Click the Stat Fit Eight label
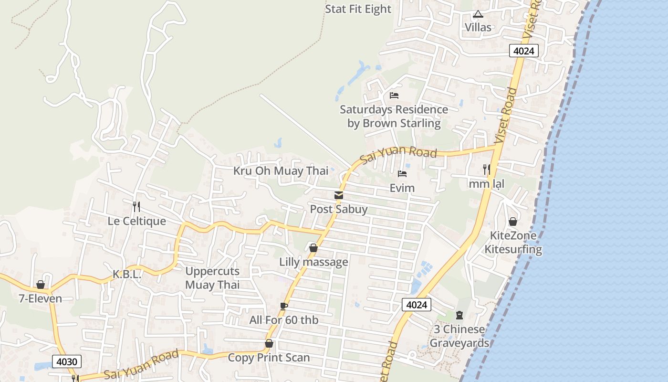(358, 9)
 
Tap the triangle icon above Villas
(478, 15)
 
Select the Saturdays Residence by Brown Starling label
(394, 117)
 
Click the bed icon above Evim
(402, 174)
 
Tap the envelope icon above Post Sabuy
(339, 195)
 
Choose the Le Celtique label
(137, 221)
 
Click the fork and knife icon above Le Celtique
(136, 206)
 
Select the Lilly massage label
(313, 262)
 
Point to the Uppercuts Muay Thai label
(212, 278)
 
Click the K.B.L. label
(127, 275)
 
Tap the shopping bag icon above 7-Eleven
(41, 285)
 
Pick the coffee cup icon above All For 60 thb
(284, 306)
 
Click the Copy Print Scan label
(269, 358)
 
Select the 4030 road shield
(66, 361)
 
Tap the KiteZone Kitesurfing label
(513, 243)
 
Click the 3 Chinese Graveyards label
(459, 336)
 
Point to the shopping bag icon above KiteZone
(513, 222)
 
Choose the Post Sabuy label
(339, 209)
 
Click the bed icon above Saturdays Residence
(394, 95)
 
